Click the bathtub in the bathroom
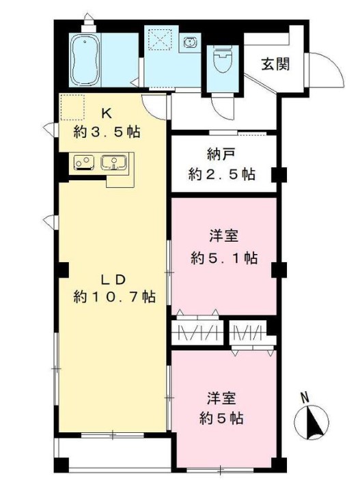pos(86,60)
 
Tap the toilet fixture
pos(223,61)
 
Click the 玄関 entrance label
pos(276,64)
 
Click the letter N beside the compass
pos(304,398)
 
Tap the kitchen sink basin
pos(114,163)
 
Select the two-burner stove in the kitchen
pos(83,163)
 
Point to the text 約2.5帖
pos(222,174)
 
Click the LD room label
pos(113,280)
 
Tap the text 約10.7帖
pos(115,296)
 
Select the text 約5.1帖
pos(224,258)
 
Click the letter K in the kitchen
pos(107,114)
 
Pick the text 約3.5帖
pos(107,132)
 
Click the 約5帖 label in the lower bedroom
pos(221,418)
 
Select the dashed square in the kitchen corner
pos(72,107)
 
